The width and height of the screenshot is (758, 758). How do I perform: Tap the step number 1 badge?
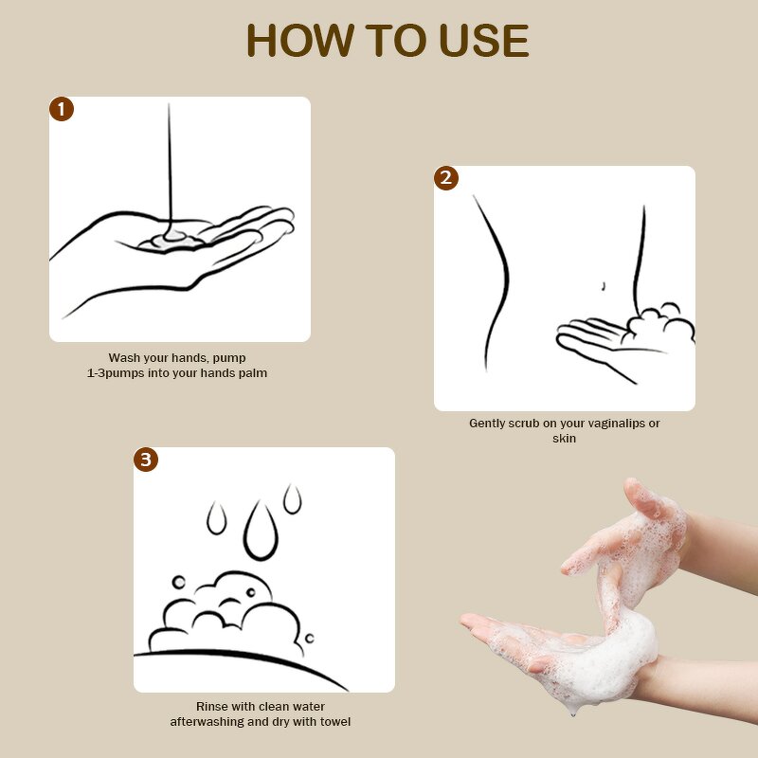tap(62, 109)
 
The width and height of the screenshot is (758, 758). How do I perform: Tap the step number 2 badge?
tap(446, 178)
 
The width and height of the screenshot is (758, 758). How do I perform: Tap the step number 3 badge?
tap(145, 460)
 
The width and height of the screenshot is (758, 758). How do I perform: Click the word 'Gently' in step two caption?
tap(488, 424)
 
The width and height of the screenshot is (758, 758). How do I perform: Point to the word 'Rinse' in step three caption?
tap(212, 707)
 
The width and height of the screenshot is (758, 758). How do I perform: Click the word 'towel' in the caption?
tap(334, 722)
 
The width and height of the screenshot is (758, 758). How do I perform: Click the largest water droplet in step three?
tap(259, 531)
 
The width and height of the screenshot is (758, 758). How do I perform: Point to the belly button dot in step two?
tap(604, 285)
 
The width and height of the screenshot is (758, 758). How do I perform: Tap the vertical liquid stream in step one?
tap(170, 161)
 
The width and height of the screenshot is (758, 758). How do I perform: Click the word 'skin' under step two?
tap(564, 439)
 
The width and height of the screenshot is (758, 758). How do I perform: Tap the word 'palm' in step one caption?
tap(253, 373)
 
